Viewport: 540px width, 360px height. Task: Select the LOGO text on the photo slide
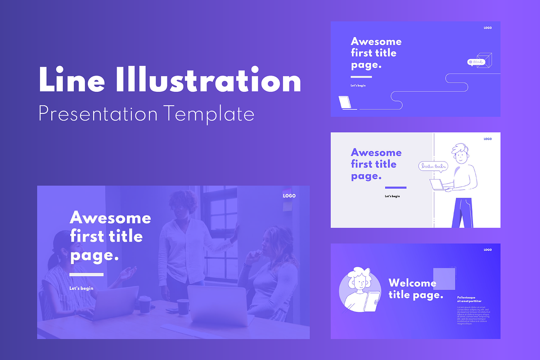(x=289, y=196)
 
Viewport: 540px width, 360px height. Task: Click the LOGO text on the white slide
(x=488, y=139)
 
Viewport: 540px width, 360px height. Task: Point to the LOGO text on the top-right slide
(x=488, y=28)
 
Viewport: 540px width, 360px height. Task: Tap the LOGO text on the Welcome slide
(x=488, y=250)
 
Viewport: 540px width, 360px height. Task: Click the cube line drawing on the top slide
(x=484, y=59)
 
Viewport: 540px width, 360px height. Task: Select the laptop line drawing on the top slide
(x=346, y=103)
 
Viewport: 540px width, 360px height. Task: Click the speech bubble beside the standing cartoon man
(x=433, y=166)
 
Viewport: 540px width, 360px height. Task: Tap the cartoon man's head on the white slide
(x=461, y=154)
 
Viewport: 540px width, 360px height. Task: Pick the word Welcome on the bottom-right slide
(x=412, y=283)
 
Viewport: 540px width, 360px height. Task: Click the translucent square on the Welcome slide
(x=444, y=279)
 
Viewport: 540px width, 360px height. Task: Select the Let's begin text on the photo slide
(x=81, y=288)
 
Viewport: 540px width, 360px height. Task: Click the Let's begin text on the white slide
(x=392, y=196)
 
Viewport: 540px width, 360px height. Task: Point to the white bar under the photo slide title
(x=86, y=274)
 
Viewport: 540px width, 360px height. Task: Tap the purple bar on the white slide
(x=396, y=188)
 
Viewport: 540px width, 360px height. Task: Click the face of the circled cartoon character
(x=360, y=283)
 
